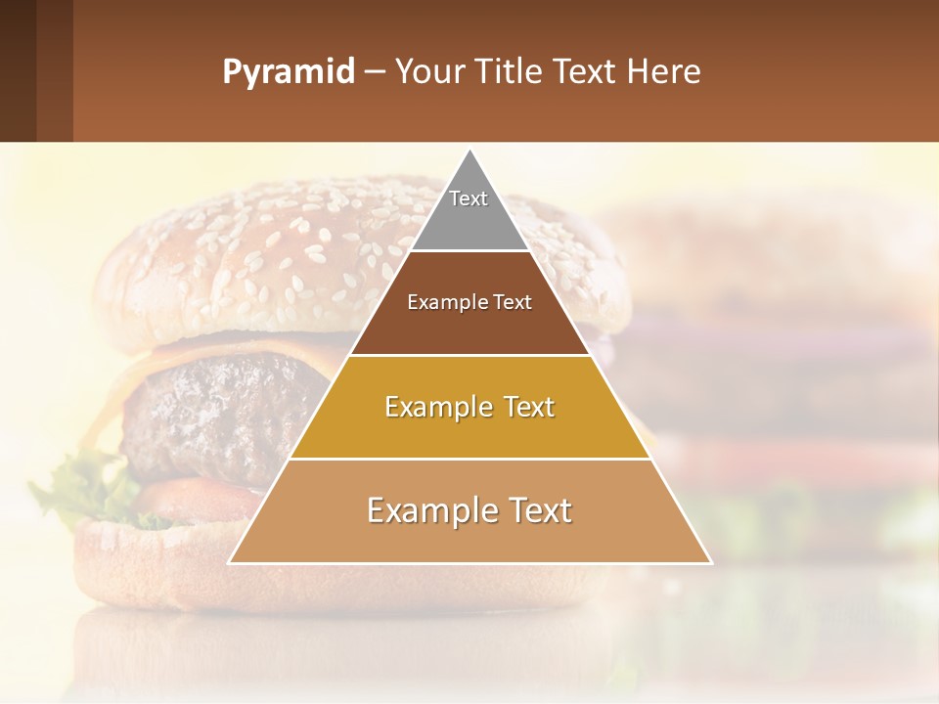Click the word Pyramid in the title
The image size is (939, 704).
[x=288, y=72]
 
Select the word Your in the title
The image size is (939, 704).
[x=430, y=72]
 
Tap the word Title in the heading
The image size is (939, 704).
[x=509, y=72]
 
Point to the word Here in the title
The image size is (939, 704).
[x=664, y=72]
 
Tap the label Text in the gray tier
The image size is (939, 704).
[x=469, y=198]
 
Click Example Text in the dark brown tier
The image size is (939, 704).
[x=469, y=302]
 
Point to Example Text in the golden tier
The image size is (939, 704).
[x=469, y=407]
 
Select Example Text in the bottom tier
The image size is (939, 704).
[x=469, y=510]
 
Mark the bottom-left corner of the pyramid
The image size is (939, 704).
[x=230, y=562]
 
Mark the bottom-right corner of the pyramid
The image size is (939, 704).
[x=710, y=562]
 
